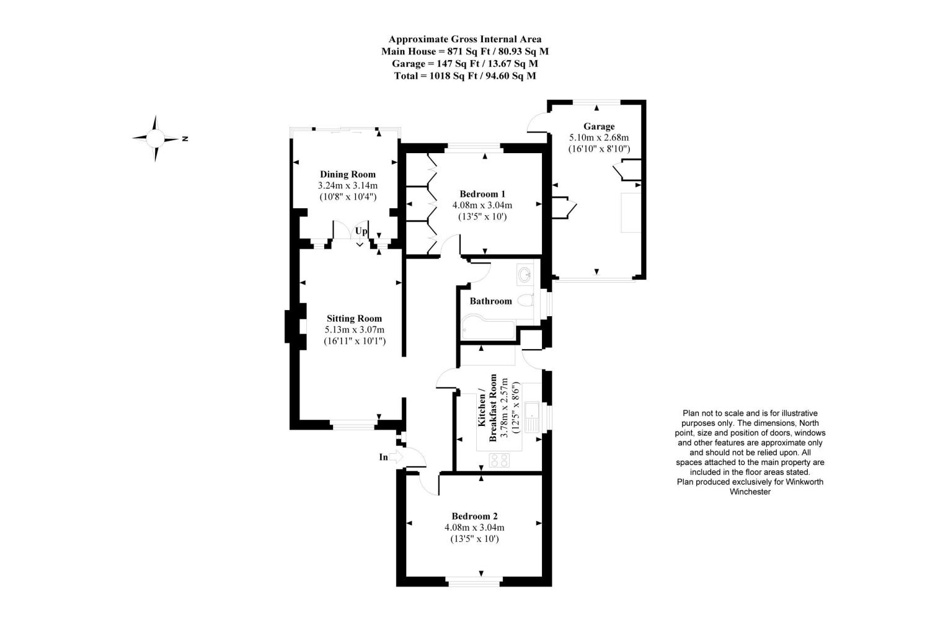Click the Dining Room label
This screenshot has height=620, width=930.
click(347, 174)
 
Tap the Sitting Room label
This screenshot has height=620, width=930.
click(354, 319)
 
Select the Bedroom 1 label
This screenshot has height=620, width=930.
click(482, 194)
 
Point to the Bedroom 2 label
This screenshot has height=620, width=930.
click(474, 516)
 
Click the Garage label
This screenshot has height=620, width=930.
click(599, 126)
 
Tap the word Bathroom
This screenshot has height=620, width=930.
click(491, 301)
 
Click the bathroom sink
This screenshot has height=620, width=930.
click(525, 275)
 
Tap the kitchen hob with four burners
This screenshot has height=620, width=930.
click(499, 460)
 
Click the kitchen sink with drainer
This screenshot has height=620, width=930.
click(532, 417)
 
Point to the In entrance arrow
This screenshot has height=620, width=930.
click(396, 457)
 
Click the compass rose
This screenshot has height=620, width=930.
click(156, 138)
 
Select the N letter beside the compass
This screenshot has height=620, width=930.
click(185, 138)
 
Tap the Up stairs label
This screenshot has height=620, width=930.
click(361, 231)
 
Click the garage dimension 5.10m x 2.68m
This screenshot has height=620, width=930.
click(599, 138)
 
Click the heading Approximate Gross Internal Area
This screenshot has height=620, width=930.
click(465, 40)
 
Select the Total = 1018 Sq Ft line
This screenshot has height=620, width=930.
click(465, 76)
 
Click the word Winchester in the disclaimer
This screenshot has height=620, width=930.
click(750, 492)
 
